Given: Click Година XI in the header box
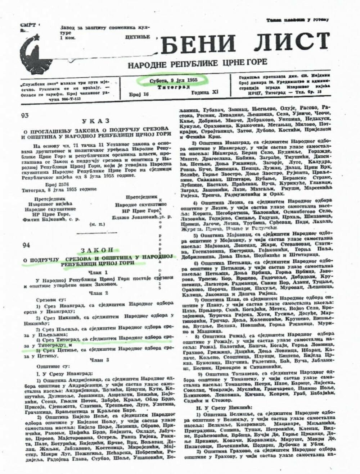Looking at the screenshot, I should [204, 93].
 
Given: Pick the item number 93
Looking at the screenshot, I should [25, 116].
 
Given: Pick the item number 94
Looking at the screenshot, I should [26, 246].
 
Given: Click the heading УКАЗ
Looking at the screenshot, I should [95, 121].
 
